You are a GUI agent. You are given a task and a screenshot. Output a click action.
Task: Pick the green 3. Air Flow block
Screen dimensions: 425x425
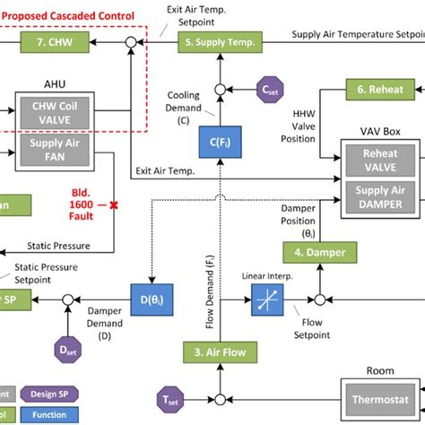221,352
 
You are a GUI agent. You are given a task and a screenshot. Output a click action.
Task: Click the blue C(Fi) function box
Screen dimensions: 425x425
216,142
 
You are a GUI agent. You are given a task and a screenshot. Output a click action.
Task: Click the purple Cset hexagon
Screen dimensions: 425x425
268,90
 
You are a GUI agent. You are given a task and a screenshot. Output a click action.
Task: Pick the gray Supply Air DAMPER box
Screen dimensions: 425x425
380,198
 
